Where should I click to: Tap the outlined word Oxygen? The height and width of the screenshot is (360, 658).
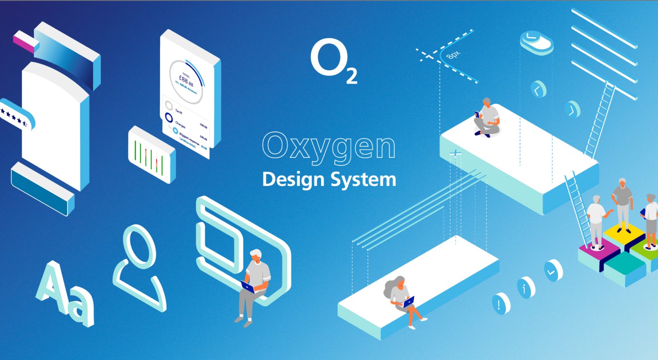(328, 145)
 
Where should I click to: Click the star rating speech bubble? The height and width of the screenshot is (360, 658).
(16, 114)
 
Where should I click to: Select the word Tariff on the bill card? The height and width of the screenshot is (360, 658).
(180, 111)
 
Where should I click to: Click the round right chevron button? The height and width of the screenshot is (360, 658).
(572, 109)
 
